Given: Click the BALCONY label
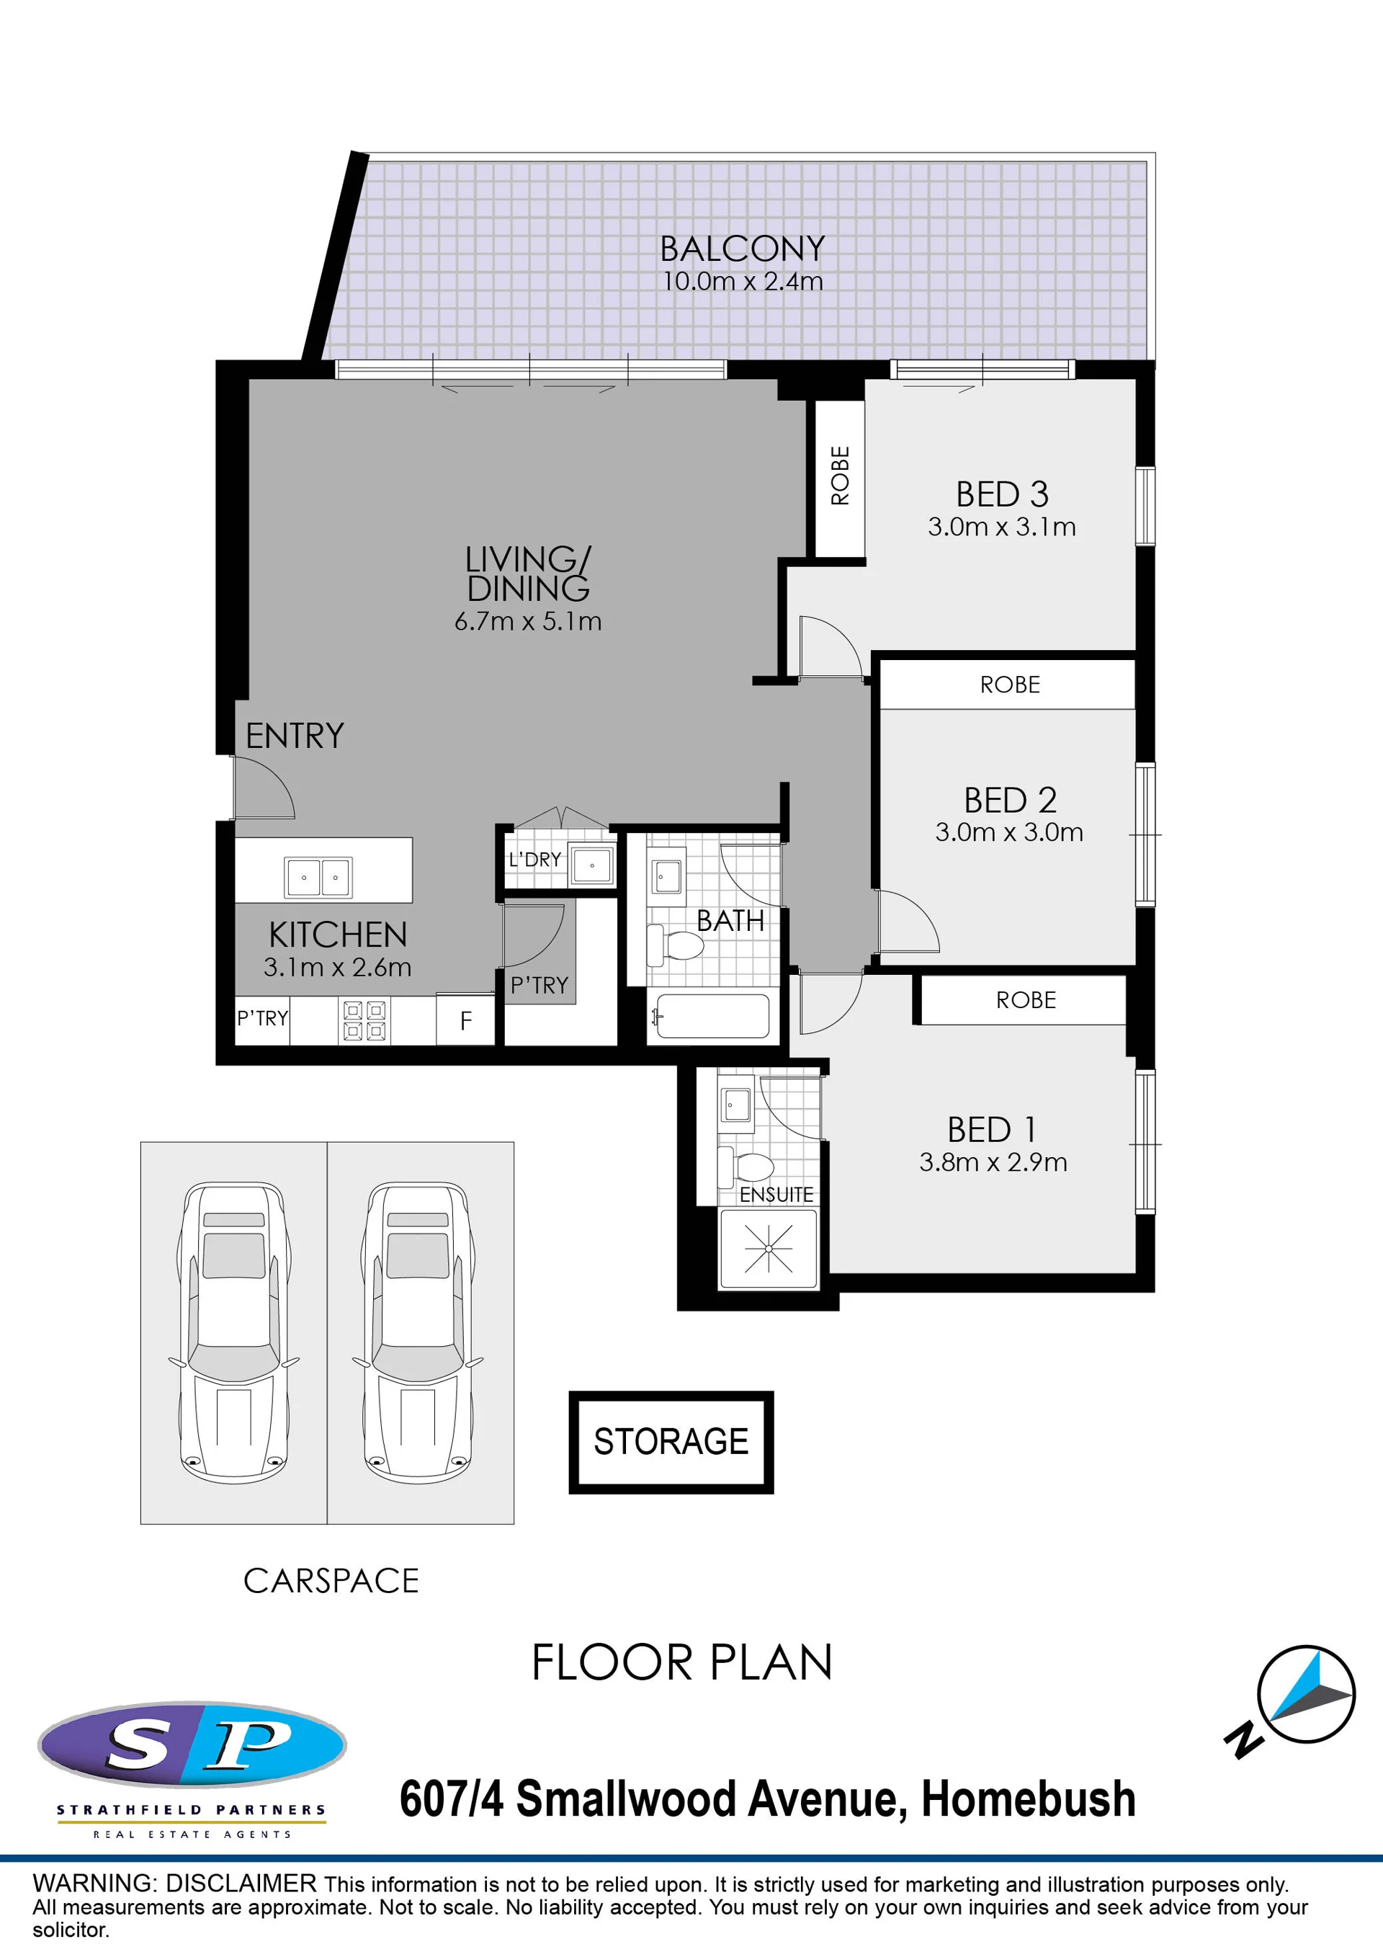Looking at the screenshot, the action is click(x=742, y=249).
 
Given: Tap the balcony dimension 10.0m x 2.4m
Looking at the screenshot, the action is click(x=742, y=281).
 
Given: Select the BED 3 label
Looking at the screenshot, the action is click(x=1002, y=494).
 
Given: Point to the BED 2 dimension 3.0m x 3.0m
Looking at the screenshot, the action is click(x=1009, y=832).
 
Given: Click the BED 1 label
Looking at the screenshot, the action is click(x=993, y=1131).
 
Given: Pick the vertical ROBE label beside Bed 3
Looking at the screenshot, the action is click(x=840, y=476).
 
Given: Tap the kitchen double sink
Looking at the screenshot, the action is click(x=318, y=877).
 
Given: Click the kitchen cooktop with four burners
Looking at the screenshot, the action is click(x=364, y=1020).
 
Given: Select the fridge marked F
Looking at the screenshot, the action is click(x=465, y=1020).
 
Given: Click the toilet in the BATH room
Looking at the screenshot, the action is click(x=675, y=945).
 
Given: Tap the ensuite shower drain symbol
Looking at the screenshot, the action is click(x=769, y=1249).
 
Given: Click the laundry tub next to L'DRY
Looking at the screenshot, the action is click(x=591, y=866).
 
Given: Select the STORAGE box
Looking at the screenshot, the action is click(x=671, y=1443).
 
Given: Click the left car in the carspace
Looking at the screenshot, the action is click(x=233, y=1332).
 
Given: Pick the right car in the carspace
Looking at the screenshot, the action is click(x=418, y=1332).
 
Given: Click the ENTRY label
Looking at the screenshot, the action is click(x=295, y=736).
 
